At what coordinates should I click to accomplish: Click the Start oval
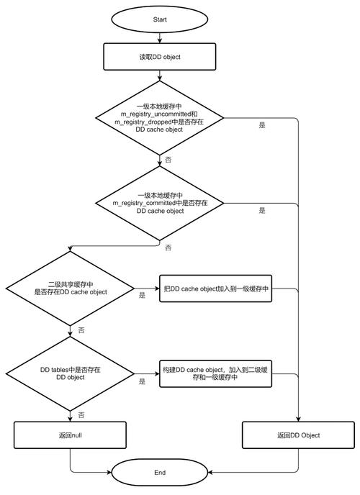[x=160, y=19]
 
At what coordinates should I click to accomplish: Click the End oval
[x=160, y=473]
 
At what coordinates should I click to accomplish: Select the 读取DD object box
[x=160, y=57]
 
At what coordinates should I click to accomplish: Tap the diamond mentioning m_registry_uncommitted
[x=160, y=118]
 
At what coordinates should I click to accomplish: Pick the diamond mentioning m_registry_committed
[x=160, y=204]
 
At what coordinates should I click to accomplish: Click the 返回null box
[x=71, y=435]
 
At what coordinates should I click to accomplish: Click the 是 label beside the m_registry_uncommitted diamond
[x=262, y=124]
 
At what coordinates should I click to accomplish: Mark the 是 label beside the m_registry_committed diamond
[x=262, y=211]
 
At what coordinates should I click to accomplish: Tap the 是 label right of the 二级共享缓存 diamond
[x=142, y=295]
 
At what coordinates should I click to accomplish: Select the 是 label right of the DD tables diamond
[x=142, y=381]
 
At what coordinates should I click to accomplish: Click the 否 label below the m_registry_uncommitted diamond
[x=168, y=160]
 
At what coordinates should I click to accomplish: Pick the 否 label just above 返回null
[x=81, y=415]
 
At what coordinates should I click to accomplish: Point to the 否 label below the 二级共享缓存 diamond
[x=81, y=330]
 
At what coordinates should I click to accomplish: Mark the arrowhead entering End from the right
[x=212, y=473]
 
